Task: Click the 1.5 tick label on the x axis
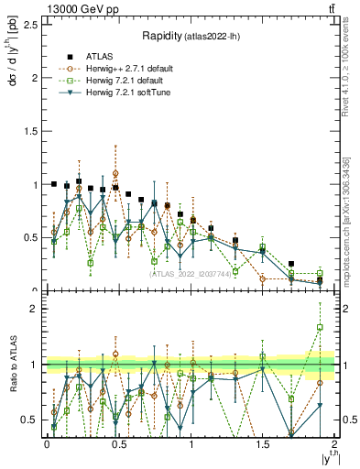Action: tap(263, 444)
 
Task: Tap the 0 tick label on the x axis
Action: tap(47, 444)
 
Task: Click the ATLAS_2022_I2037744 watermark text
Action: tap(190, 273)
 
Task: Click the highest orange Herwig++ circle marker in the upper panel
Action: tap(115, 172)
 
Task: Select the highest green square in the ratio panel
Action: tap(320, 327)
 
